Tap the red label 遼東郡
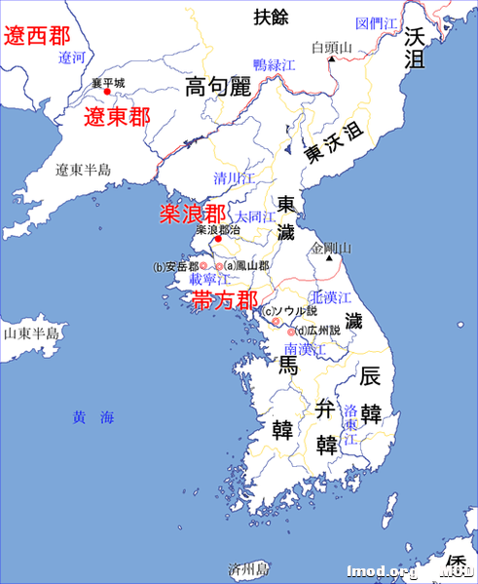click(x=118, y=118)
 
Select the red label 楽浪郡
click(x=193, y=214)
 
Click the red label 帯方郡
click(x=225, y=300)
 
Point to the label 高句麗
click(x=218, y=88)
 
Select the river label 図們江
click(x=376, y=22)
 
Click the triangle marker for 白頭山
click(x=332, y=59)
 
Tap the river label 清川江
click(x=235, y=178)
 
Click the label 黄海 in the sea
click(x=93, y=417)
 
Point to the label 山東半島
click(x=31, y=332)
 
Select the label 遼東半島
click(x=83, y=170)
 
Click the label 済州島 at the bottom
click(x=247, y=567)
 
